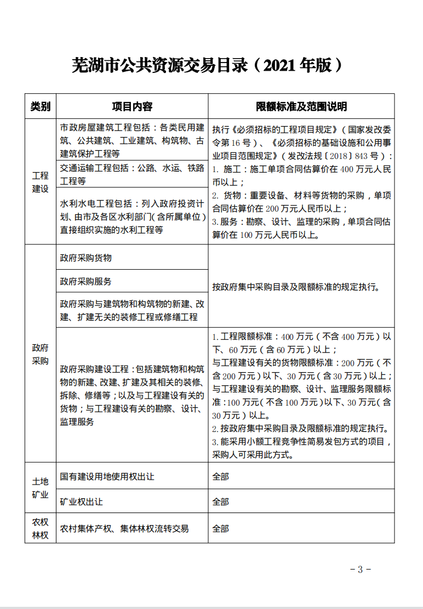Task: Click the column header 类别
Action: tap(41, 106)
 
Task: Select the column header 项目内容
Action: tap(132, 106)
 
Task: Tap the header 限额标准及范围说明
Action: tap(301, 106)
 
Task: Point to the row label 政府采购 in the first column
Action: tap(41, 354)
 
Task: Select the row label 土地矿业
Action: tap(41, 487)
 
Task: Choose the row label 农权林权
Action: tap(41, 528)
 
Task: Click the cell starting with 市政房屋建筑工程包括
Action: tap(132, 140)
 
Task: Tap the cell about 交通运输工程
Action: tap(132, 174)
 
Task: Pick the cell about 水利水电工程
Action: tap(132, 217)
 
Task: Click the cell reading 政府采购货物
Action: tap(86, 258)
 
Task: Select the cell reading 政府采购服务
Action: tap(86, 281)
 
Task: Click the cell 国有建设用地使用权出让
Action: tap(107, 476)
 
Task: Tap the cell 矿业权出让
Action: tap(82, 502)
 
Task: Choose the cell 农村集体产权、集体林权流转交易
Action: tap(124, 528)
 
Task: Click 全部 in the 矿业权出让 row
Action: tap(221, 502)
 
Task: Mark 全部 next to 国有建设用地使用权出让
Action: tap(221, 476)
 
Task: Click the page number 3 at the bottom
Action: tap(360, 569)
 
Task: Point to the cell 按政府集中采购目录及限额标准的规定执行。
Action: tap(296, 287)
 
